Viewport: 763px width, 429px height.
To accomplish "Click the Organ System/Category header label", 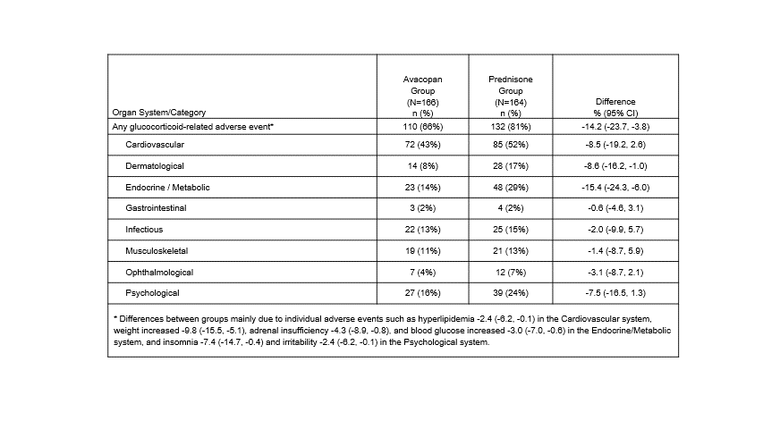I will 159,113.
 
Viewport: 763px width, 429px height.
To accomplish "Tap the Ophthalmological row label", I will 159,272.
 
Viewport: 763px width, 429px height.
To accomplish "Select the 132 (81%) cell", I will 510,128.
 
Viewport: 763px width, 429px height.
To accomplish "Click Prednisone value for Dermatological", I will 510,166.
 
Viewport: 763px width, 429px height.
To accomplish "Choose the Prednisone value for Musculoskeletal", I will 510,251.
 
